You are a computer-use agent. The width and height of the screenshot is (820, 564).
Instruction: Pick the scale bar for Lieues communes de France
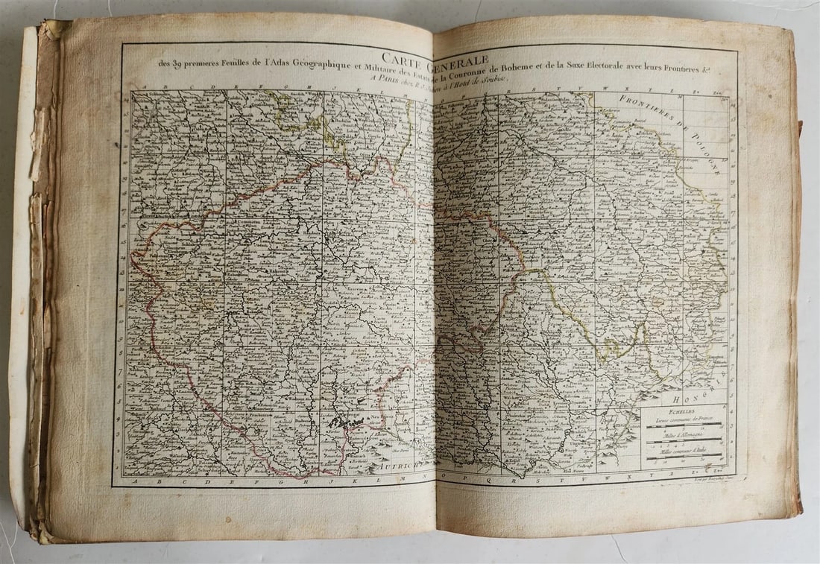click(684, 428)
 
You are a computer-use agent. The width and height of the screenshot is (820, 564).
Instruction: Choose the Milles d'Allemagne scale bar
click(684, 444)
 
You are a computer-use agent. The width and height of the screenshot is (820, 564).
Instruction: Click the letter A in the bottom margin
click(132, 482)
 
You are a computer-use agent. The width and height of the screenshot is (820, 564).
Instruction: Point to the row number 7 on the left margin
click(120, 370)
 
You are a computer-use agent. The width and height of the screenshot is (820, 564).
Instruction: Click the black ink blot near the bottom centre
click(344, 422)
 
